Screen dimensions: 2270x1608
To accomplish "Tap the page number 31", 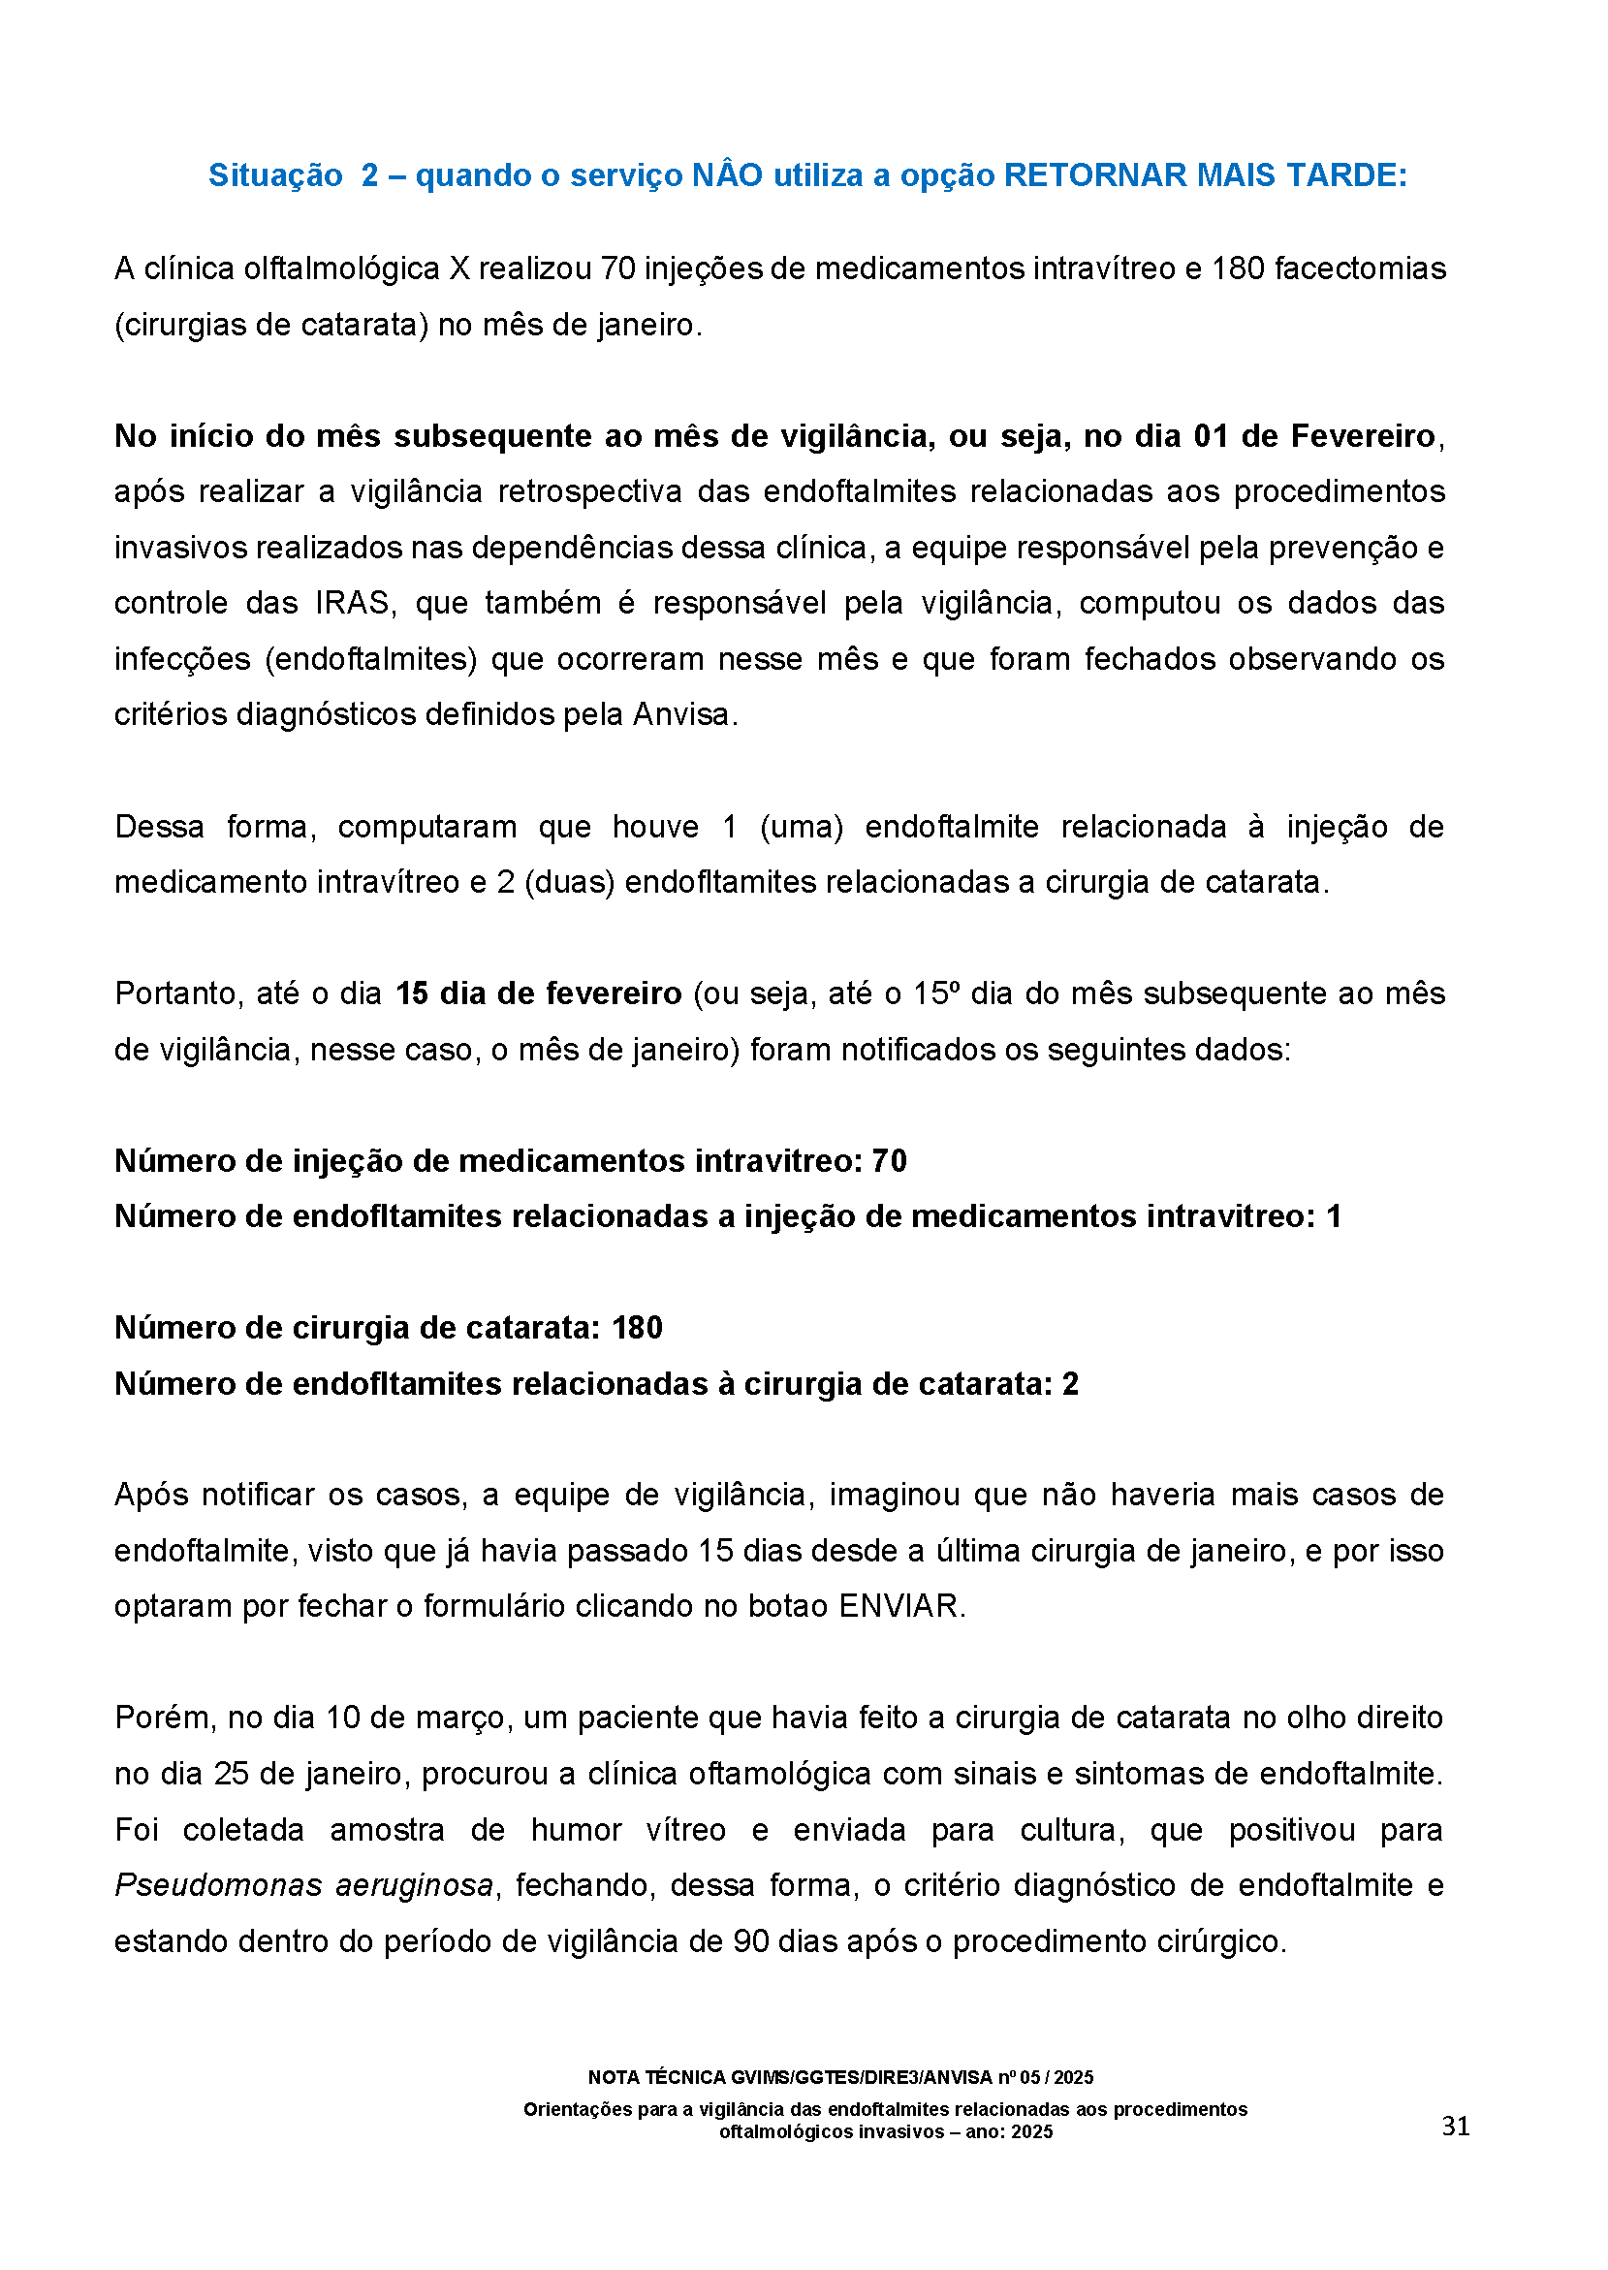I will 1455,2127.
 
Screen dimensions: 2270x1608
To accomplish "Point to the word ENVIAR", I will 899,1606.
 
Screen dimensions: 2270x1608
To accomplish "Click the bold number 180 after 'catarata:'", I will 637,1328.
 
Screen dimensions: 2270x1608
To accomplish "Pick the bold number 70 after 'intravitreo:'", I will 888,1160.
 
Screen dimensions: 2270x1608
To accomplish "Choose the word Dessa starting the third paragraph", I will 159,826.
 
